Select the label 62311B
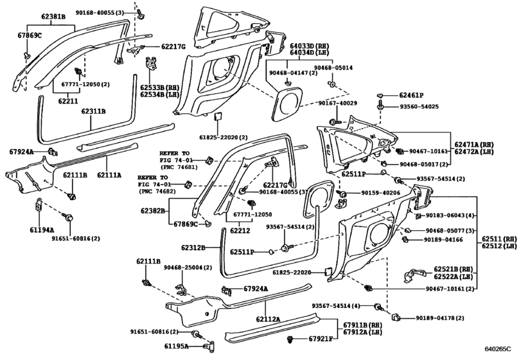(93, 111)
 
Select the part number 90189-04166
(444, 240)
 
